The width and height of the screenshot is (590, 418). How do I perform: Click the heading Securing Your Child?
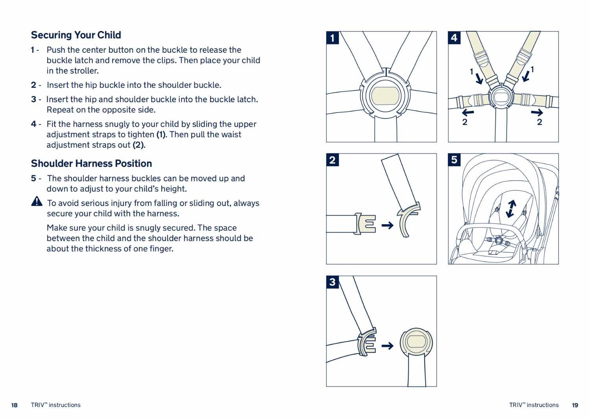point(76,35)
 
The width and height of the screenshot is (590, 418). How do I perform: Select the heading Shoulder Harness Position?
point(91,164)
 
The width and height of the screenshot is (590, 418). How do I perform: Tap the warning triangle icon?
point(37,201)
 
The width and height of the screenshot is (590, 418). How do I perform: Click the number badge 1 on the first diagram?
point(333,38)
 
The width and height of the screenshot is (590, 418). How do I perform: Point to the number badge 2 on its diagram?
point(333,160)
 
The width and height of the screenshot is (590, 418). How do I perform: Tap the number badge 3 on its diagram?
point(333,282)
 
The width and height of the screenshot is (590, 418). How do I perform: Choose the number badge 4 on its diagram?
point(454,38)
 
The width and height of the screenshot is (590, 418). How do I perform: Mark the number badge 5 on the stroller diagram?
point(454,160)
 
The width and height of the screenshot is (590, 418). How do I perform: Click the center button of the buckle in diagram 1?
point(385,96)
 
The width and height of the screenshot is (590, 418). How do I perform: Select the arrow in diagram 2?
point(387,225)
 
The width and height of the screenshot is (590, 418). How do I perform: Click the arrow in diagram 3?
point(387,346)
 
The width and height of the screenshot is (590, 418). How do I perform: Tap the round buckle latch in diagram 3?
point(416,341)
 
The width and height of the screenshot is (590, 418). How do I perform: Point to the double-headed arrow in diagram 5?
point(511,208)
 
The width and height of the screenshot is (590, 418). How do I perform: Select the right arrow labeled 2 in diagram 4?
point(537,112)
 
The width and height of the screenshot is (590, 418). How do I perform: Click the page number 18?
point(15,405)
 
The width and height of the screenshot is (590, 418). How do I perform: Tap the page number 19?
point(575,405)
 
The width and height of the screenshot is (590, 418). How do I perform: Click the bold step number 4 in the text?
point(33,124)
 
